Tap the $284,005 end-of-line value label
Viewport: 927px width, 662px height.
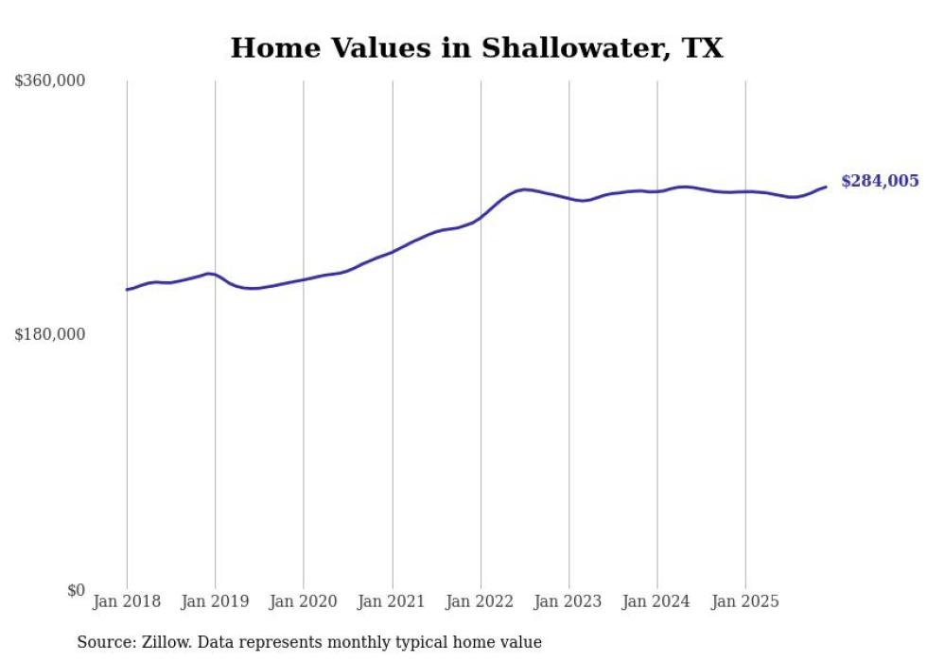click(x=879, y=181)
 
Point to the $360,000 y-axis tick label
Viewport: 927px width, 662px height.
click(x=49, y=81)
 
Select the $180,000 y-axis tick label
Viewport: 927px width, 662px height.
click(x=49, y=334)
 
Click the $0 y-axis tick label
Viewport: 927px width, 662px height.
click(x=76, y=590)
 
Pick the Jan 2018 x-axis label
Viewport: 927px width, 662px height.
click(x=127, y=602)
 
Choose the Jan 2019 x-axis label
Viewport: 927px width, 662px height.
click(x=215, y=602)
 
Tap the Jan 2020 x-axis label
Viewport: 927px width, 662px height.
click(x=304, y=602)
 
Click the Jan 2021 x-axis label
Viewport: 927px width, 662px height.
click(x=392, y=602)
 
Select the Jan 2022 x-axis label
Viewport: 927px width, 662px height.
click(x=481, y=602)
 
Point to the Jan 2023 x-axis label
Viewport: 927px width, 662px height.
click(x=568, y=602)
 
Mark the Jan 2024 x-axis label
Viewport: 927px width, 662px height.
click(x=657, y=602)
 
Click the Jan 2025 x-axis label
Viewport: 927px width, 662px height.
click(x=745, y=602)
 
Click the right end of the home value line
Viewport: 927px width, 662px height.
click(x=826, y=187)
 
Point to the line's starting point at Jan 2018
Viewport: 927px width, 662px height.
click(x=127, y=290)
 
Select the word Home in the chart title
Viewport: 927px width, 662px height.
click(x=270, y=48)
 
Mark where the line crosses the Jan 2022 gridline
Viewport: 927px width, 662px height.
click(x=481, y=218)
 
